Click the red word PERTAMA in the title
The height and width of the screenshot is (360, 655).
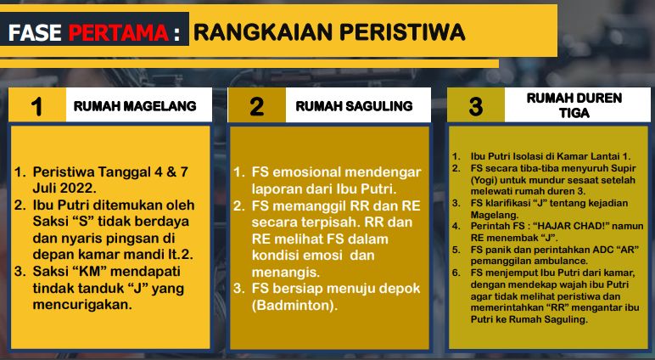(119, 32)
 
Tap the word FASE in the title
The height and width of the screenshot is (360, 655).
(35, 32)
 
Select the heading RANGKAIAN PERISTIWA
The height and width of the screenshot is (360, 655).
(329, 32)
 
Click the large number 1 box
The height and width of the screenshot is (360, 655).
(37, 105)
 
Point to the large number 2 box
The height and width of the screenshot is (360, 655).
(256, 105)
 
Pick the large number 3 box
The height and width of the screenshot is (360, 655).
(476, 105)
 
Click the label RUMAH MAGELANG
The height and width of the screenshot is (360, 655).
(135, 106)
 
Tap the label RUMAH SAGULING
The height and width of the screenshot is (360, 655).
(355, 106)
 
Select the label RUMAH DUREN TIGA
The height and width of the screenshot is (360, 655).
(574, 105)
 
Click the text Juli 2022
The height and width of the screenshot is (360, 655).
(64, 188)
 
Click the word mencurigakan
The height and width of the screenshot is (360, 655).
(82, 305)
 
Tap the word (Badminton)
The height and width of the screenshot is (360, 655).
(294, 306)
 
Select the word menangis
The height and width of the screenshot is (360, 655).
(286, 273)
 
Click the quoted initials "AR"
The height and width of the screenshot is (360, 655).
(627, 250)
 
